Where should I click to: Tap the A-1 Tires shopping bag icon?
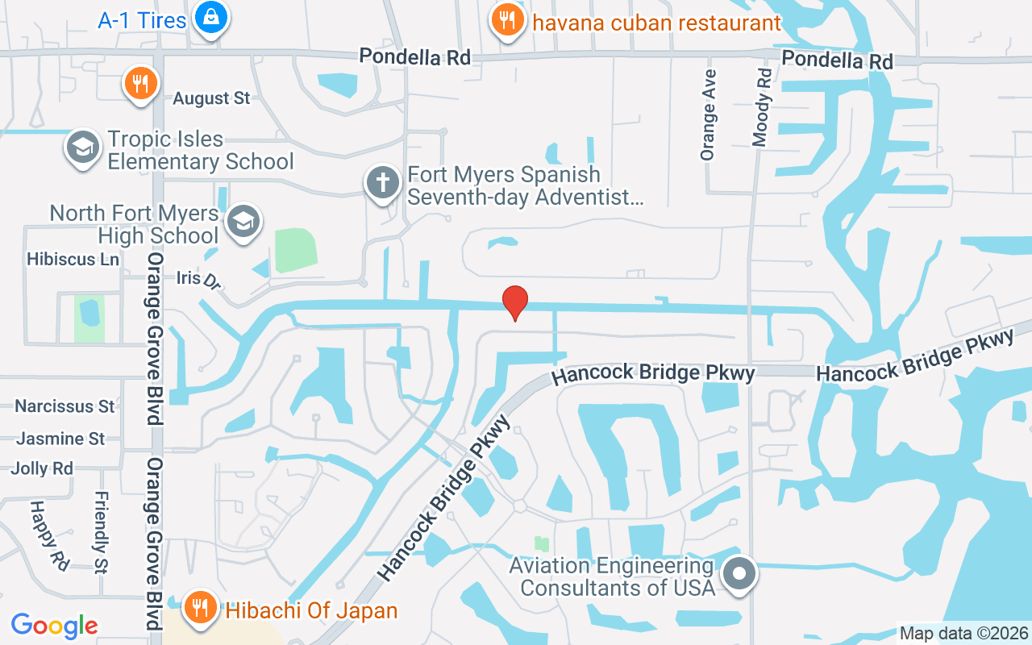(x=210, y=18)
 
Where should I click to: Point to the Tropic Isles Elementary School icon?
(x=82, y=148)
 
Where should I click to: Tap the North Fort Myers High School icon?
(x=242, y=221)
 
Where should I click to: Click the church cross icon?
(x=383, y=183)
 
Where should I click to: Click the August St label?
(x=212, y=98)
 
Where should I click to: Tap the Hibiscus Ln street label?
(x=73, y=260)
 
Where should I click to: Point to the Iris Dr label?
(x=198, y=279)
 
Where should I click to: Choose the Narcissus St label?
(x=64, y=406)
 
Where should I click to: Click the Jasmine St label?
(x=60, y=439)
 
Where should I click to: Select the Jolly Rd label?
(x=42, y=468)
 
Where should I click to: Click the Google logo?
(x=55, y=625)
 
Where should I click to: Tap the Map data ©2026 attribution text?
(x=963, y=634)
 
